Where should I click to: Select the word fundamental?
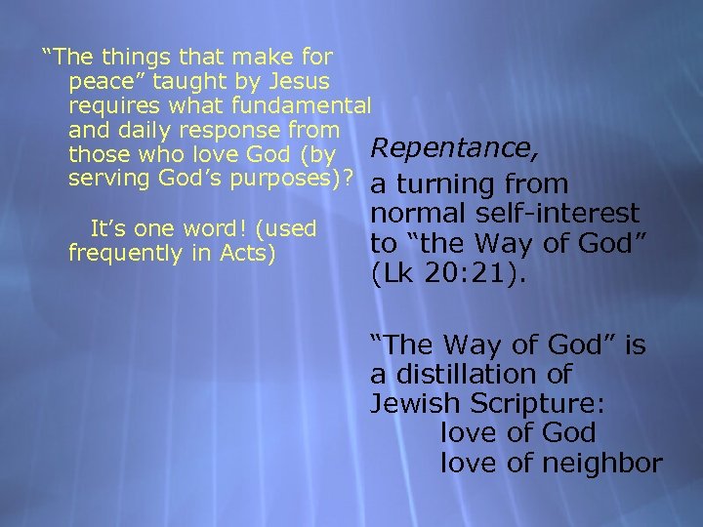[313, 105]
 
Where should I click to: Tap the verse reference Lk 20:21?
[448, 274]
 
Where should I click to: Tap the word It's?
[108, 229]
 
